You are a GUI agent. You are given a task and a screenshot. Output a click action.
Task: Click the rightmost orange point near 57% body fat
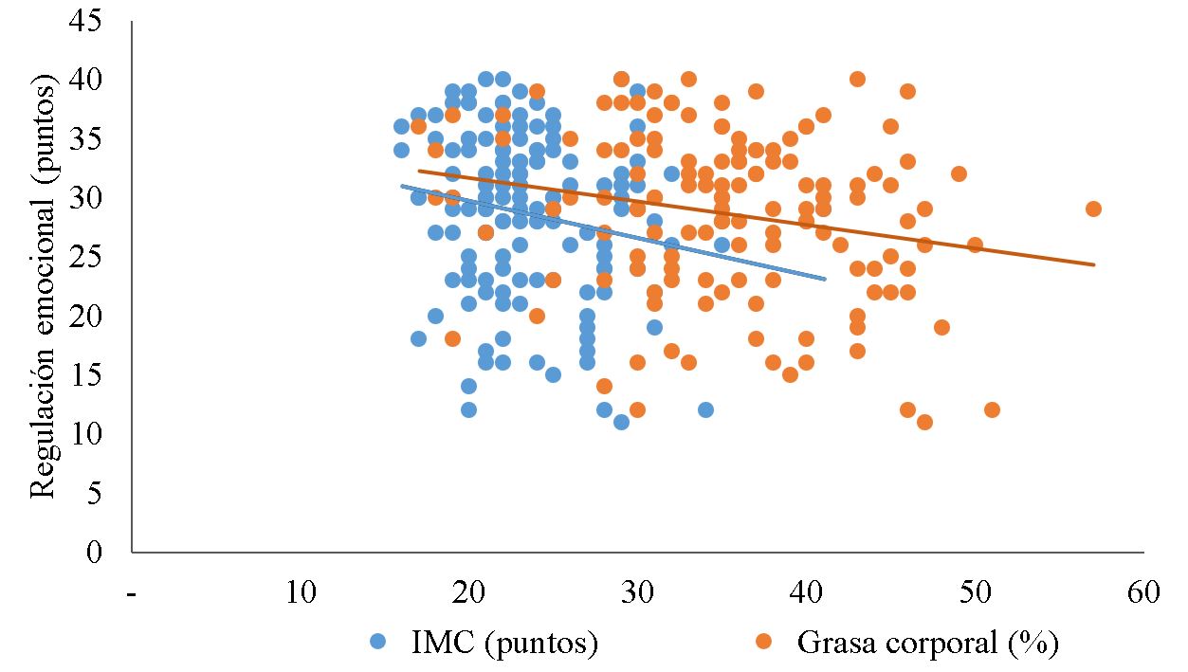tap(1093, 209)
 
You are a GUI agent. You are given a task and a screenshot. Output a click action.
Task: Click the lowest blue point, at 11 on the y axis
tap(621, 422)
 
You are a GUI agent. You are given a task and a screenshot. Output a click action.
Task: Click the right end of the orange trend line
tap(1094, 264)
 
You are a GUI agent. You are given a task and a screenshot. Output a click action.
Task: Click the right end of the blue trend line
tap(825, 279)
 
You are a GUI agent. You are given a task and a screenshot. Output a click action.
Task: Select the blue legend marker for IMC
tap(377, 642)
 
